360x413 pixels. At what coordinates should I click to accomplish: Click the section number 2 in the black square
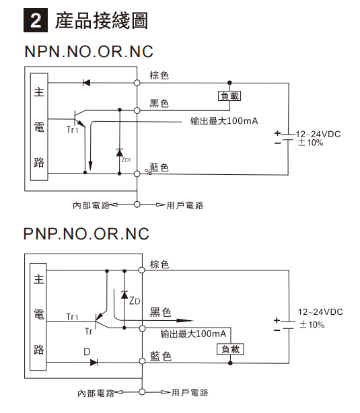coord(36,20)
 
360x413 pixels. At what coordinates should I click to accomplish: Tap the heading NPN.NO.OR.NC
coord(89,52)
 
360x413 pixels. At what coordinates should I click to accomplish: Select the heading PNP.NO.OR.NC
coord(86,233)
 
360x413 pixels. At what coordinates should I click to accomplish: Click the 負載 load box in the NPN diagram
coord(229,96)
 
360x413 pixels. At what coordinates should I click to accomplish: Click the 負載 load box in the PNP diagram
coord(230,349)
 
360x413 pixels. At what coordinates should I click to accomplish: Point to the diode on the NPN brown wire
coord(86,83)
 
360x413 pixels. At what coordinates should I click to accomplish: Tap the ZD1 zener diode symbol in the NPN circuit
coord(120,152)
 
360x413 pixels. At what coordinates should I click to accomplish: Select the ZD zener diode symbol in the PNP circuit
coord(124,295)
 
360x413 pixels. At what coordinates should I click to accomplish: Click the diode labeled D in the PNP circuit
coord(94,363)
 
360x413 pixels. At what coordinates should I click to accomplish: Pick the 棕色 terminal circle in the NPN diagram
coord(137,83)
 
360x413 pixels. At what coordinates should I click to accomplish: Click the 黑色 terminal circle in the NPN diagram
coord(137,110)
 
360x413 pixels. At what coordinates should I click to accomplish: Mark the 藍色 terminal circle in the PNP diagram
coord(142,361)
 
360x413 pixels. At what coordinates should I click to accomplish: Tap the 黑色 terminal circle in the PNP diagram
coord(142,328)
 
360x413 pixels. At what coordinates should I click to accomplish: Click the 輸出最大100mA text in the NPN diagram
coord(224,121)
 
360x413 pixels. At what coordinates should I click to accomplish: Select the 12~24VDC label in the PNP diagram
coord(320,312)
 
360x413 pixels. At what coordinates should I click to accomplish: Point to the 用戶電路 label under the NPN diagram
coord(185,205)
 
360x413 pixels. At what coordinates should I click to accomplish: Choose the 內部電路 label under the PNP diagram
coord(96,393)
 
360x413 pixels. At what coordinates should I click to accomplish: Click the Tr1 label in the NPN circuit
coord(73,130)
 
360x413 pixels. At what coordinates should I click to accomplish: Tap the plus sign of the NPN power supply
coord(277,133)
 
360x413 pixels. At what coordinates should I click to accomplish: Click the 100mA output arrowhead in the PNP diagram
coord(185,321)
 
